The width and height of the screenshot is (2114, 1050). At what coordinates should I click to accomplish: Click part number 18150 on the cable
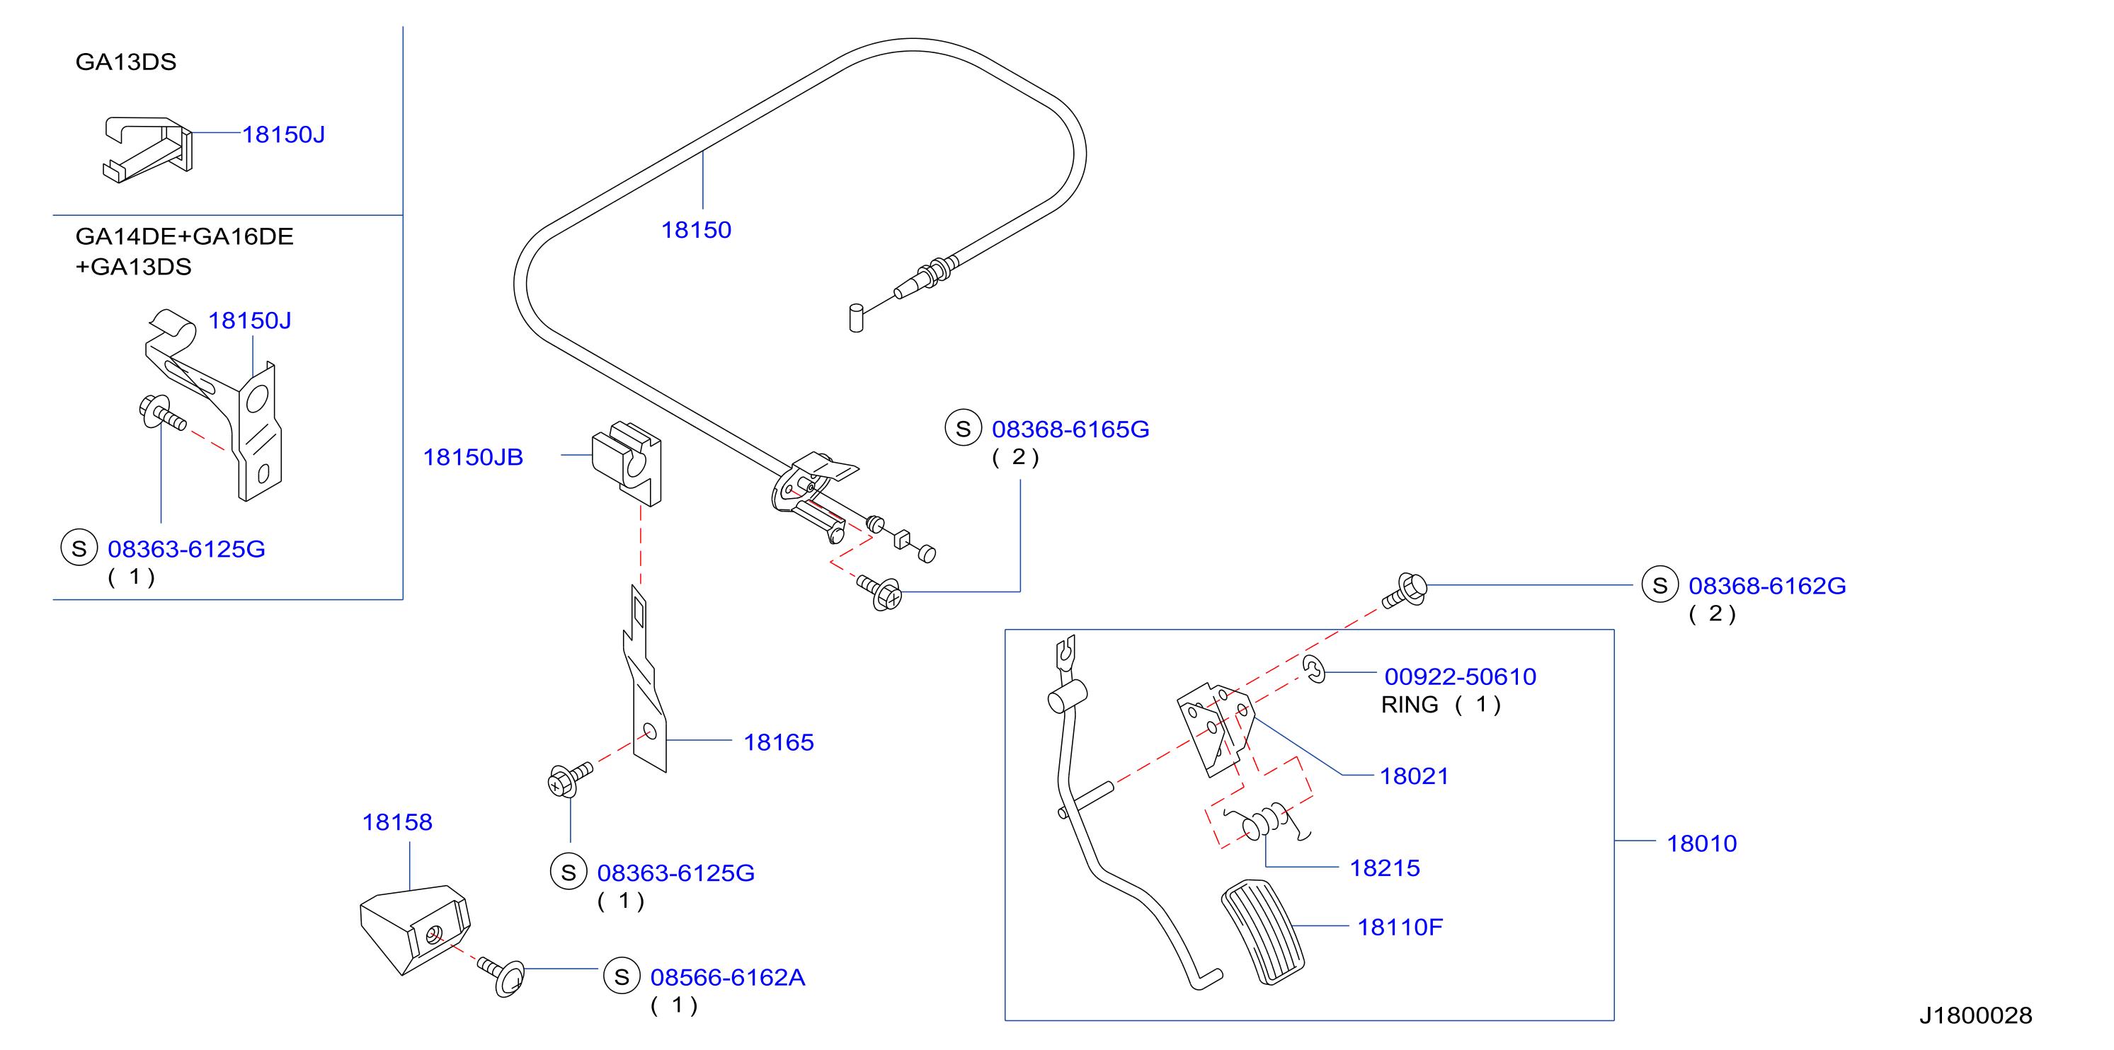696,230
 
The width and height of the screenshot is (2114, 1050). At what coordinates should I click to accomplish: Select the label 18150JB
473,457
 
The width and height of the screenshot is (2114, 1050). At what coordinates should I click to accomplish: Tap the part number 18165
778,742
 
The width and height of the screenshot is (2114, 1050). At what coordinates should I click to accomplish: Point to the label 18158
397,822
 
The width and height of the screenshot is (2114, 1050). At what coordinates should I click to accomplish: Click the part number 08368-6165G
1070,429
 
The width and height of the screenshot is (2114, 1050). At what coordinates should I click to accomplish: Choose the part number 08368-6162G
1767,586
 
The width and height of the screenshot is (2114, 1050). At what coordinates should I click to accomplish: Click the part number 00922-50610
1460,676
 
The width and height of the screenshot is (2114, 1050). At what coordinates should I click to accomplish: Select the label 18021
1414,776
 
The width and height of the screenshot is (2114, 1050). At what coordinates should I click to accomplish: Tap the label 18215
1385,868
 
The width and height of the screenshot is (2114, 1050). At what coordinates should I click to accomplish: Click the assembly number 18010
1701,843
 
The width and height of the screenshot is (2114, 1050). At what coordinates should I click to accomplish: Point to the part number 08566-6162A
727,977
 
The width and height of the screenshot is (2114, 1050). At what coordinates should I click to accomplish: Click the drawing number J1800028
1975,1015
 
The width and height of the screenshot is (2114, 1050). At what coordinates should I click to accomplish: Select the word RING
1409,705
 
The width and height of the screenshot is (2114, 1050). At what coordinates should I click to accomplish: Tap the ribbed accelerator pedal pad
1262,932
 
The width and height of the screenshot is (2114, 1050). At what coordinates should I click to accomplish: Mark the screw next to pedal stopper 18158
501,975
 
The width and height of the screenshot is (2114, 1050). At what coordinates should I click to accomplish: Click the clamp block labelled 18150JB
627,463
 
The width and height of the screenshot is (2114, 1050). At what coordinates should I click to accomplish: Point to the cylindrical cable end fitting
856,318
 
